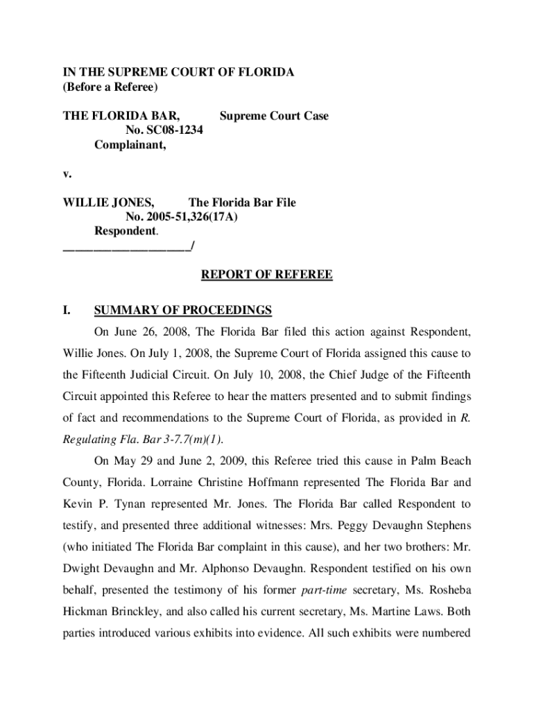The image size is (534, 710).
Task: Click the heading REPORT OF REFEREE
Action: (266, 275)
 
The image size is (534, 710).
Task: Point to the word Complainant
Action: (130, 145)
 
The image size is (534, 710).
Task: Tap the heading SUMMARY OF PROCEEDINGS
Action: (183, 310)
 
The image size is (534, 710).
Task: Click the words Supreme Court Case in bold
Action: (274, 116)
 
